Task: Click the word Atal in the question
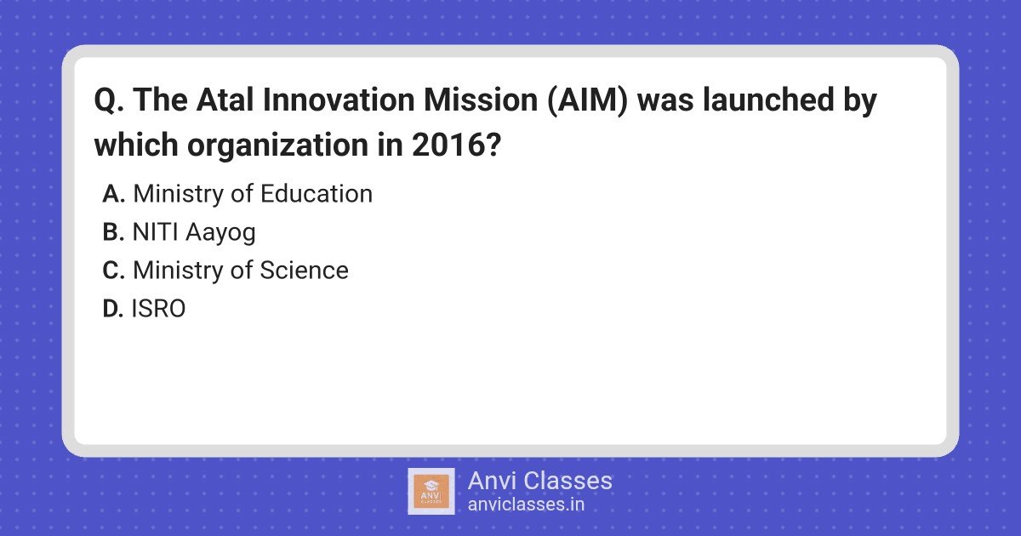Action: [x=225, y=100]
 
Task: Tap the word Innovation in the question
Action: [x=339, y=100]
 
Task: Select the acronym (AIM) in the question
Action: [x=588, y=100]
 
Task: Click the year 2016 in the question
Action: [x=453, y=145]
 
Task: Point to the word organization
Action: [x=277, y=145]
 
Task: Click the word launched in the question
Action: [x=768, y=100]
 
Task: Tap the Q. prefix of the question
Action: [x=110, y=100]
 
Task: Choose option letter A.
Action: [x=113, y=194]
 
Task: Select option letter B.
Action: [x=113, y=232]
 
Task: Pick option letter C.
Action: [x=113, y=271]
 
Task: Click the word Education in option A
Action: [x=317, y=193]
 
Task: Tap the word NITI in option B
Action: [x=155, y=232]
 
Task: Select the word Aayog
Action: [x=220, y=233]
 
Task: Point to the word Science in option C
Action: [x=304, y=270]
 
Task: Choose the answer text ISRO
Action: [x=158, y=309]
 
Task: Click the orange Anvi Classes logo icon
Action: [x=431, y=492]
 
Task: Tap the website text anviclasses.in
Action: [x=526, y=505]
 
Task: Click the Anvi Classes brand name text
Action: [x=539, y=481]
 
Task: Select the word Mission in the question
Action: [x=481, y=100]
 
